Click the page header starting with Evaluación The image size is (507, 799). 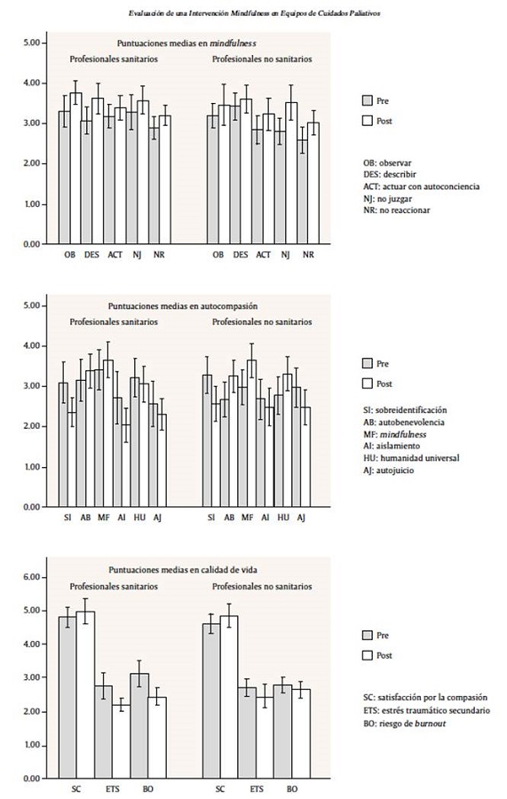252,13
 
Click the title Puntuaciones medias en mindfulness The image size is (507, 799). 186,44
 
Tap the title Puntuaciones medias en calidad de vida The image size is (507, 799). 186,571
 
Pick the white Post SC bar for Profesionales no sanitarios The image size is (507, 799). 230,697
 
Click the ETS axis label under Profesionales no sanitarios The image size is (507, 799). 257,787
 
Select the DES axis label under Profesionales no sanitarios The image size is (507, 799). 240,255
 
